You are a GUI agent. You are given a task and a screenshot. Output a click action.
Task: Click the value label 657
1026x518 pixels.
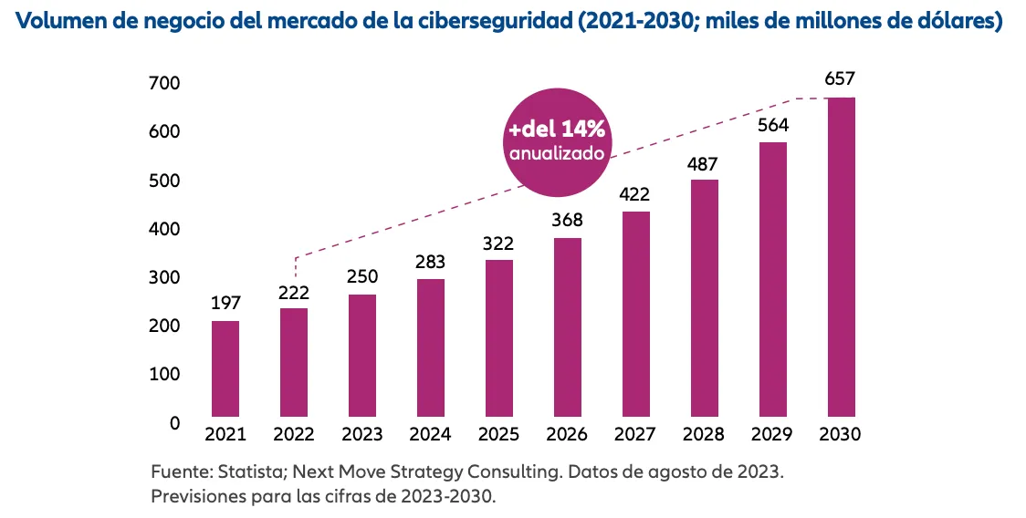840,79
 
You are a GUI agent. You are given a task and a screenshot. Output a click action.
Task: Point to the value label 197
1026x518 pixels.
225,303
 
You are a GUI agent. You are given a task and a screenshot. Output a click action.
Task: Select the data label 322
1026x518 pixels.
499,243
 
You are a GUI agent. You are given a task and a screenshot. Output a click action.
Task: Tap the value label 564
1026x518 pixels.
772,125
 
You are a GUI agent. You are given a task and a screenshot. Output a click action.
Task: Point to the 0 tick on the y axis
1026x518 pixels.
173,423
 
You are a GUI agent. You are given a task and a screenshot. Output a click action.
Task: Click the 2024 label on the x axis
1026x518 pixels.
431,435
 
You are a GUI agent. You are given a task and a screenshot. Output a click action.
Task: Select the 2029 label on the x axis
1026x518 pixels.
772,435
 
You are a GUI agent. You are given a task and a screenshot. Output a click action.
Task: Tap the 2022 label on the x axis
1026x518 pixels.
294,435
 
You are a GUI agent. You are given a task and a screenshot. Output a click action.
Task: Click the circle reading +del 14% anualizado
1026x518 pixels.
557,140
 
